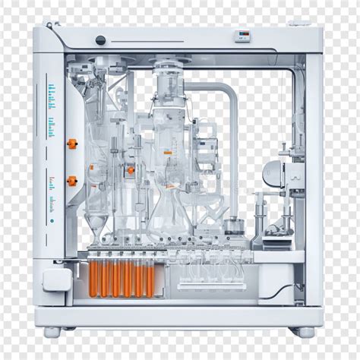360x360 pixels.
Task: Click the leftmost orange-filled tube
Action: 96,278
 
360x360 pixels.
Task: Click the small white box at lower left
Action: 55,282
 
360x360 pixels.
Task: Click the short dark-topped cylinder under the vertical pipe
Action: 233,225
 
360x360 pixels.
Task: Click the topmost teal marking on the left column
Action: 52,89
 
